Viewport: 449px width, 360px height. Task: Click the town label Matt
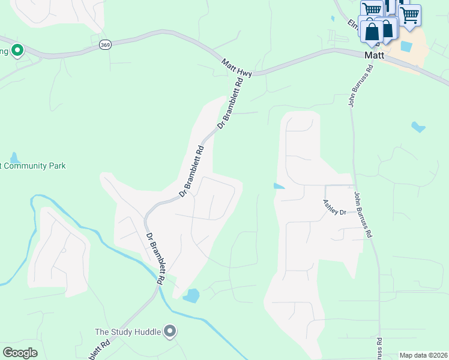coord(374,55)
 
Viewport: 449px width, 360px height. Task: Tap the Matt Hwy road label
coord(236,67)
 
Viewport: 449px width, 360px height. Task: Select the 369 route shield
coord(105,45)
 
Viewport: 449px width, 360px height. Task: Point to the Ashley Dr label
coord(334,208)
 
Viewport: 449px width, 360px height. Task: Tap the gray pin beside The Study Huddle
coord(170,331)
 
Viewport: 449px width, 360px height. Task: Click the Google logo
coord(20,353)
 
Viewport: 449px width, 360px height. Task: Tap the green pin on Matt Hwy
coord(17,50)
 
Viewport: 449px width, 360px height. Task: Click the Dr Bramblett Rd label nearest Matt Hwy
coord(231,101)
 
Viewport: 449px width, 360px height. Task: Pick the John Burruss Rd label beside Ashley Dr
coord(363,215)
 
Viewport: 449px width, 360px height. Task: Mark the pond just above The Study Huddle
coord(191,295)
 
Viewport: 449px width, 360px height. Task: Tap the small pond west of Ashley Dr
coord(279,186)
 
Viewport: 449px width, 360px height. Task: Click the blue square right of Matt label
coord(406,46)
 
